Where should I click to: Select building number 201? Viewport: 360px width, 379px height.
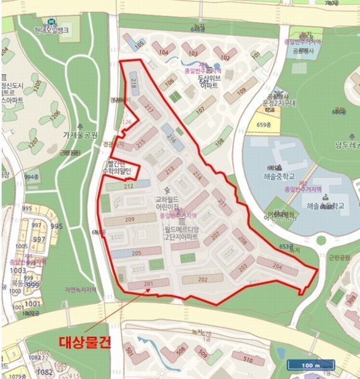click(149, 284)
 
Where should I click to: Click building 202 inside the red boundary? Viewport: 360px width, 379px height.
click(202, 279)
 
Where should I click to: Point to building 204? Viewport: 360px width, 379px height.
click(277, 265)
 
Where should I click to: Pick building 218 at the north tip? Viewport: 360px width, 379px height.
click(134, 82)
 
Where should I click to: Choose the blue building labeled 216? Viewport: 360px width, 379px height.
click(172, 137)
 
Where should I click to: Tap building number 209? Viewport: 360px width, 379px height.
click(129, 219)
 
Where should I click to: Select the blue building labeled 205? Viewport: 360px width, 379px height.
click(136, 253)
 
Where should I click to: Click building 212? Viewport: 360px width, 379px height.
click(128, 186)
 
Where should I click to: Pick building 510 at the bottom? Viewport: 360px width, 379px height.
click(248, 361)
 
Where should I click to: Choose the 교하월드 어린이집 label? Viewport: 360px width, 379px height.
click(167, 203)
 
